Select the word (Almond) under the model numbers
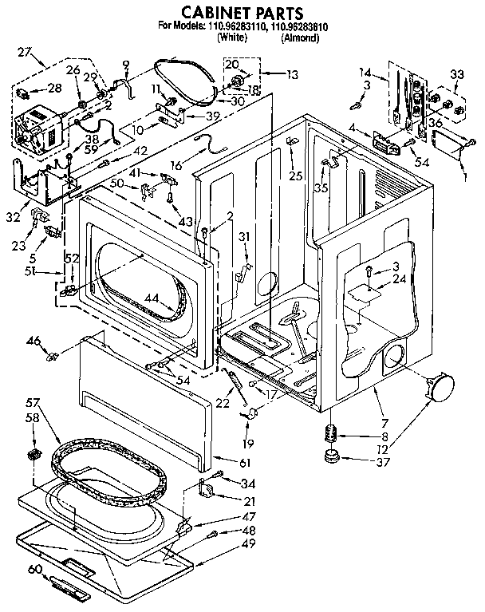(x=304, y=37)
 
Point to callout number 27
(x=25, y=53)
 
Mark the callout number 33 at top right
(x=455, y=75)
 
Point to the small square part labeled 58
(x=34, y=454)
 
